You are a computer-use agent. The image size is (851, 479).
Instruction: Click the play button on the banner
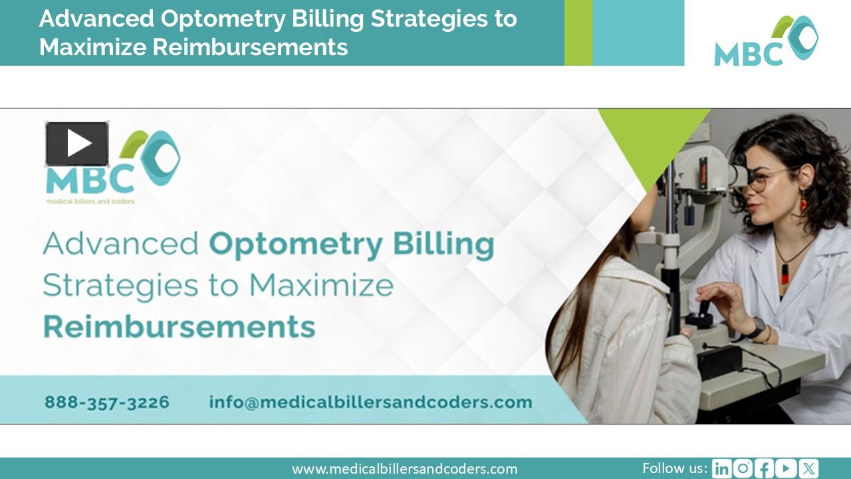tap(77, 144)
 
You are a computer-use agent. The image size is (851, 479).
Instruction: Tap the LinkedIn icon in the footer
tap(721, 469)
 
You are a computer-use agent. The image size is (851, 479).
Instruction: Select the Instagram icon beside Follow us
tap(743, 469)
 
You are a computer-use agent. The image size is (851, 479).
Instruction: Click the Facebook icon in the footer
tap(765, 469)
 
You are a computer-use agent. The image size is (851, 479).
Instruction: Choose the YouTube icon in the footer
tap(787, 469)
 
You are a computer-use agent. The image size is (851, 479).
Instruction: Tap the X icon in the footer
tap(808, 469)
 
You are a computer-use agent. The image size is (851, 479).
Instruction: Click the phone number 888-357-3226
tap(107, 402)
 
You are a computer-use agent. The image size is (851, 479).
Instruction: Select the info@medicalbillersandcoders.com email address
tap(370, 402)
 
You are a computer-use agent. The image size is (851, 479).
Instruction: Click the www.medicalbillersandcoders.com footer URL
tap(404, 469)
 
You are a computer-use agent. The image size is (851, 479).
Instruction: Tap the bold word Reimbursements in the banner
tap(179, 327)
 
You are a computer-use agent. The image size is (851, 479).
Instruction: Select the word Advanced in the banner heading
tap(120, 244)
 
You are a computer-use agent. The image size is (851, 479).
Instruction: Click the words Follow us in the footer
tap(674, 468)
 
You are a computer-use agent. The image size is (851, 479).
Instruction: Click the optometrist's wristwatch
tap(757, 327)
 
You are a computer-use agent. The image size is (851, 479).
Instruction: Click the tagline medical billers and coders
tap(90, 200)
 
